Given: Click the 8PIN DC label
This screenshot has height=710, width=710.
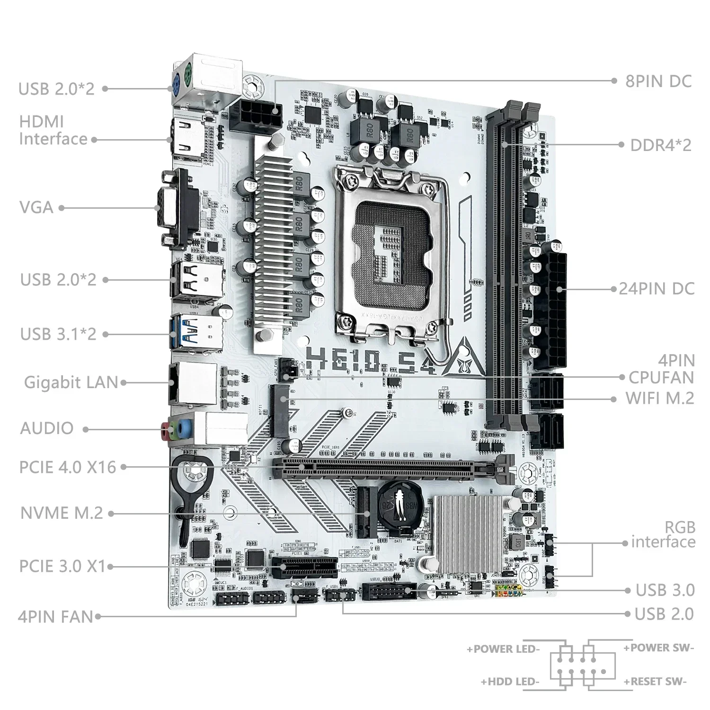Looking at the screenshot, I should click(658, 81).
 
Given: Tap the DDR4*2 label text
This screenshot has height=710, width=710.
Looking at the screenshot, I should click(660, 145).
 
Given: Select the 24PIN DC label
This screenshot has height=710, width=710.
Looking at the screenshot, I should click(657, 289).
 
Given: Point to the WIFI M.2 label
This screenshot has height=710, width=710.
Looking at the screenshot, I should click(660, 398).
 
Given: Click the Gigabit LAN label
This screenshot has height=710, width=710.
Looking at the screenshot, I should click(71, 382).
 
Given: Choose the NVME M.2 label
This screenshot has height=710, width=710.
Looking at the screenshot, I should click(62, 513).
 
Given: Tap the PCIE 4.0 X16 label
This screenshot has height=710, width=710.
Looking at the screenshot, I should click(68, 467).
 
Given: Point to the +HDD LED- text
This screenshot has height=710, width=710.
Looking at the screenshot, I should click(510, 682).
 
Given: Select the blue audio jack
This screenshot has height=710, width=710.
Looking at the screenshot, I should click(186, 428).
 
